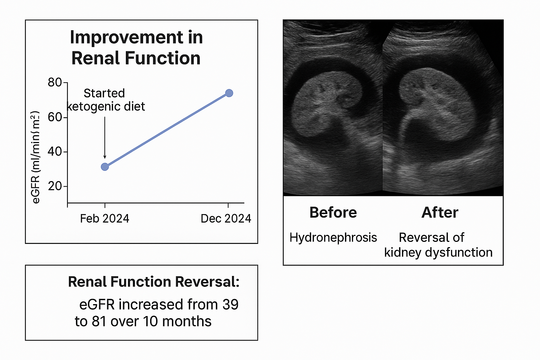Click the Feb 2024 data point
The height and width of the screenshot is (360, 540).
point(105,167)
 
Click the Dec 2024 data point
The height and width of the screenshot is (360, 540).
point(229,93)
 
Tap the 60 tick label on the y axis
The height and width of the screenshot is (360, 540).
point(55,117)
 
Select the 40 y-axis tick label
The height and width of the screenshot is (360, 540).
point(55,152)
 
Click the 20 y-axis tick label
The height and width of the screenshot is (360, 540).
point(55,186)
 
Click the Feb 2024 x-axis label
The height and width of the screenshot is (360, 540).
point(105,218)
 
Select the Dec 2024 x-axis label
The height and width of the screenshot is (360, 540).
point(226,218)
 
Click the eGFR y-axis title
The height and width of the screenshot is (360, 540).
point(36,157)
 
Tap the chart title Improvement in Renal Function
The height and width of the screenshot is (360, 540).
point(136,47)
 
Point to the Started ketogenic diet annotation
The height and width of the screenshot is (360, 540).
point(105,100)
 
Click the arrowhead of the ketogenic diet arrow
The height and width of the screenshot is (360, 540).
point(105,157)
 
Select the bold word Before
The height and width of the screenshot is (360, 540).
point(333,212)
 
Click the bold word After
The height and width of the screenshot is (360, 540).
point(440,212)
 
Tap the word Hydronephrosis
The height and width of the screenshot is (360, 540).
point(333,238)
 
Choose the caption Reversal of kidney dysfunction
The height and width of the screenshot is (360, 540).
point(438,245)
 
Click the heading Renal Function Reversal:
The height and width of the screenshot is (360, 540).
point(154,282)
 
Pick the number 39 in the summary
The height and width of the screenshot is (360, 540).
point(231,304)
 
